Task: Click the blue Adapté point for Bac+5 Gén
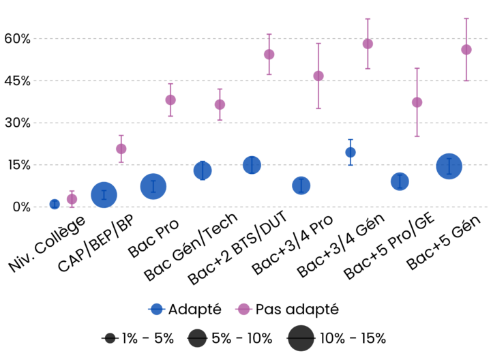click(449, 166)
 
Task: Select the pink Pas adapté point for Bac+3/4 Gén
click(368, 44)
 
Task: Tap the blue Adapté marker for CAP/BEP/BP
click(104, 195)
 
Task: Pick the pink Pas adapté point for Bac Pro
click(170, 100)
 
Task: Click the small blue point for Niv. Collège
click(55, 204)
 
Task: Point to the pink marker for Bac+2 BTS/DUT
click(269, 55)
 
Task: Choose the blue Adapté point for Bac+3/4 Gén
click(351, 152)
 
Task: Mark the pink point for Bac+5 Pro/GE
click(417, 102)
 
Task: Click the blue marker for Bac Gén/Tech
click(203, 170)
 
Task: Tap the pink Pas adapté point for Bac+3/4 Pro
click(318, 76)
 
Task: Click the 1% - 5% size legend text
click(147, 338)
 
